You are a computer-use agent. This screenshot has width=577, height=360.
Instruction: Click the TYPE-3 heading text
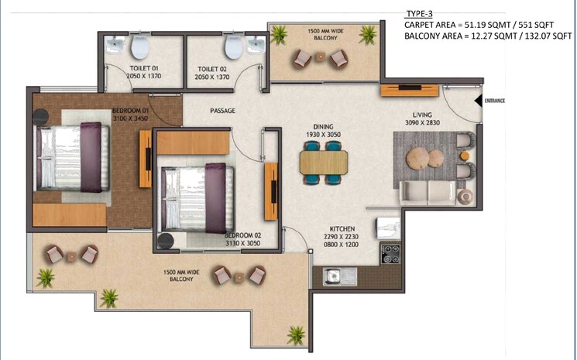pyautogui.click(x=419, y=14)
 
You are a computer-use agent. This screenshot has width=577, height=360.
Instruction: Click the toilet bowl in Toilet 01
pyautogui.click(x=140, y=49)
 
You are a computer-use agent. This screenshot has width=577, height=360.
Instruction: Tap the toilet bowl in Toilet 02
pyautogui.click(x=232, y=49)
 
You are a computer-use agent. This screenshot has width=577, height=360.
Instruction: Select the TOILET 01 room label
pyautogui.click(x=145, y=70)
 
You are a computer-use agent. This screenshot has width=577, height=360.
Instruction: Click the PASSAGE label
pyautogui.click(x=222, y=111)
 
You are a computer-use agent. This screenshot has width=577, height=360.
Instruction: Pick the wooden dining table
pyautogui.click(x=323, y=161)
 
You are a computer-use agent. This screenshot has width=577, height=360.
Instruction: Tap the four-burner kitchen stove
pyautogui.click(x=390, y=253)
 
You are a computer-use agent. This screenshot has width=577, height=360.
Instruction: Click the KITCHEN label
pyautogui.click(x=342, y=229)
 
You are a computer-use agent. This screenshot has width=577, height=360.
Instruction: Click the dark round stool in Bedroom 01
pyautogui.click(x=40, y=116)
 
